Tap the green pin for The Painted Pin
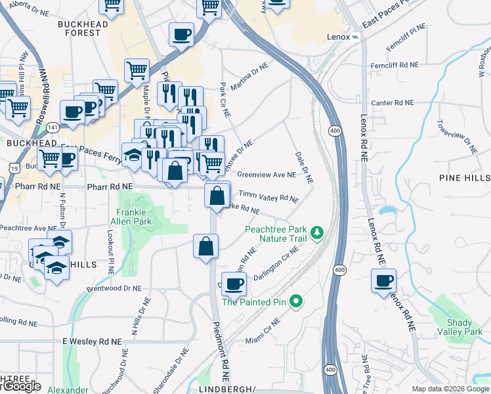pyautogui.click(x=296, y=302)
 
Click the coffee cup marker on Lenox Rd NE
pyautogui.click(x=383, y=280)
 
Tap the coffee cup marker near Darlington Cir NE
pyautogui.click(x=233, y=284)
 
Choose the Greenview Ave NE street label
pyautogui.click(x=267, y=175)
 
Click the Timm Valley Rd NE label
pyautogui.click(x=268, y=196)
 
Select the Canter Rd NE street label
pyautogui.click(x=393, y=103)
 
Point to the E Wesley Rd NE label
pyautogui.click(x=92, y=342)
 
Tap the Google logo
pyautogui.click(x=21, y=386)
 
